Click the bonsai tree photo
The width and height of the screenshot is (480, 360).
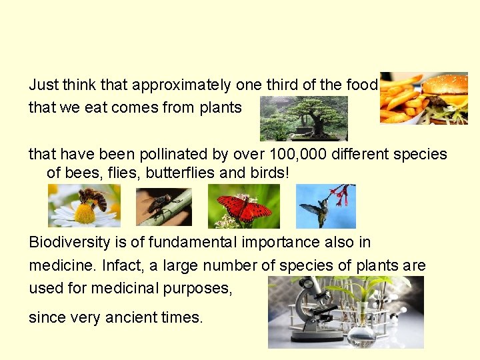(x=303, y=118)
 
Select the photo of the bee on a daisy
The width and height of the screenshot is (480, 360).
(x=84, y=205)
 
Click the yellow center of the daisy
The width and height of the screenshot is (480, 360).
(x=85, y=214)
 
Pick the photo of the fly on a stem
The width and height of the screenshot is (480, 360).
(x=164, y=207)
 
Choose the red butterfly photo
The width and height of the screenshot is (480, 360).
(x=243, y=206)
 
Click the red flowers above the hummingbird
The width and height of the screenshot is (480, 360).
(x=342, y=195)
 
